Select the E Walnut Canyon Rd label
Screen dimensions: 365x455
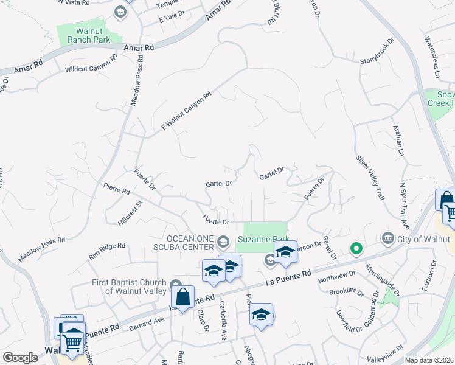[x=186, y=111]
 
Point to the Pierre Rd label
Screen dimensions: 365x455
[x=116, y=190]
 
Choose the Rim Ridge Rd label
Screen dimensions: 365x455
[x=106, y=250]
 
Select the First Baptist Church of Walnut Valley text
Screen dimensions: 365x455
[x=130, y=286]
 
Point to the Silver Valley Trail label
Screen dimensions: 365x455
[x=370, y=177]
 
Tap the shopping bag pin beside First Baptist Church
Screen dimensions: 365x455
[x=182, y=298]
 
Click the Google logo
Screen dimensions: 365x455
[x=20, y=358]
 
